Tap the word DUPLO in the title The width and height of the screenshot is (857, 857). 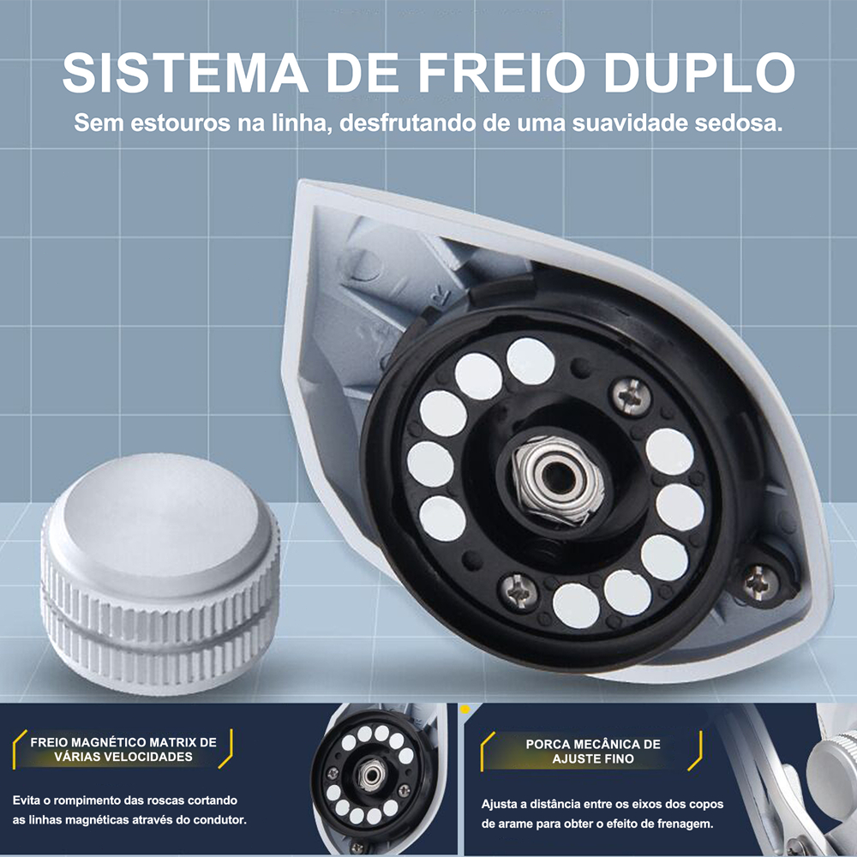point(699,72)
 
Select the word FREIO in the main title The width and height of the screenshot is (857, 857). point(501,72)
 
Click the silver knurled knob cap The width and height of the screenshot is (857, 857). point(159,574)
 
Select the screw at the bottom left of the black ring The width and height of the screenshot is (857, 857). point(518,592)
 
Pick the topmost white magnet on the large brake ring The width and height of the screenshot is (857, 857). point(530,361)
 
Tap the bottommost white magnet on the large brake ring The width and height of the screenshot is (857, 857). point(576,606)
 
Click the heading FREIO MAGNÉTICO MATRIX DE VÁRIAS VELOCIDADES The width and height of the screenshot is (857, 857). point(123,749)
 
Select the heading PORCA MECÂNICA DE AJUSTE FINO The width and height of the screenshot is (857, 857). point(593,751)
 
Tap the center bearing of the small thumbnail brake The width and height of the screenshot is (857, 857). point(373,775)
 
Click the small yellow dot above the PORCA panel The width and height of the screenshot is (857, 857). point(465,710)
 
